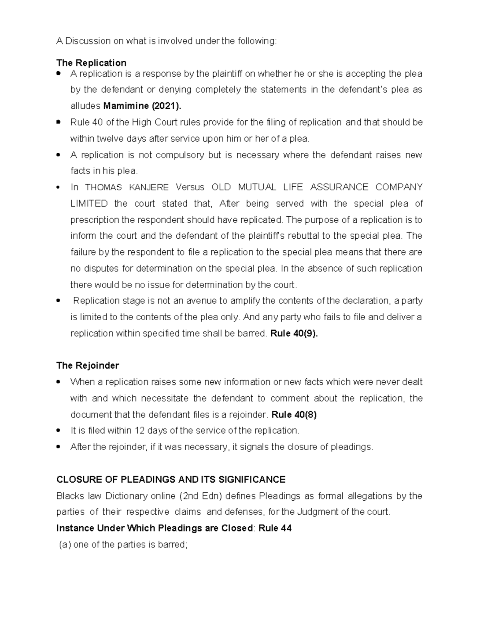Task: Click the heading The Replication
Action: coord(91,63)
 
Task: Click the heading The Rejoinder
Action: coord(88,365)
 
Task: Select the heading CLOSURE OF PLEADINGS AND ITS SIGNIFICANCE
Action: coord(171,479)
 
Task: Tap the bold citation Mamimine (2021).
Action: coord(142,106)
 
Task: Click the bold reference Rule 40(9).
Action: coord(294,333)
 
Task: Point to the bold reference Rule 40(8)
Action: coord(294,415)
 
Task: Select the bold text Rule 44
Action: coord(275,528)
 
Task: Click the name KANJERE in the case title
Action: coord(151,187)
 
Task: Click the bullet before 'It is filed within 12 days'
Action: coord(58,431)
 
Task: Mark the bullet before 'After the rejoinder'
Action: coord(58,447)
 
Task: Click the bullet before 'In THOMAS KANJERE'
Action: coord(58,188)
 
